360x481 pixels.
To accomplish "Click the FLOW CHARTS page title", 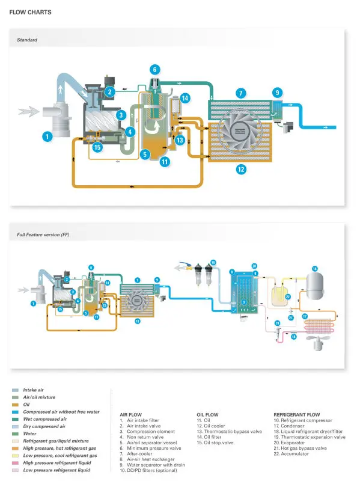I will pos(30,12).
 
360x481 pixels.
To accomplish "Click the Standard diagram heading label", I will pos(27,40).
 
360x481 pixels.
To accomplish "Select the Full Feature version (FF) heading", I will pos(43,235).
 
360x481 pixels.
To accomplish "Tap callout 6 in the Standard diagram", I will pos(155,70).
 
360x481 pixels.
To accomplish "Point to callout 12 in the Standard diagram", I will pos(241,170).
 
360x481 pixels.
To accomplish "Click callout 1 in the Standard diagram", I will pos(47,136).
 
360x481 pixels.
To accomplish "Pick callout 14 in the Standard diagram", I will pos(185,98).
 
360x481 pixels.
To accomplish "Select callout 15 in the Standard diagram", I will pos(98,146).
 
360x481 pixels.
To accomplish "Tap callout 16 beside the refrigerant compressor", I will pos(314,268).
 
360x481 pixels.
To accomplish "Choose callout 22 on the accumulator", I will pos(288,297).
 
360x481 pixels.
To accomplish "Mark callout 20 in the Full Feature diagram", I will pos(254,266).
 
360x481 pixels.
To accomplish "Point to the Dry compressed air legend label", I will pos(44,426).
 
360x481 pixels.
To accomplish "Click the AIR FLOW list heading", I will pos(132,415).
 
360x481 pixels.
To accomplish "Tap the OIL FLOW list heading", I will pos(208,415).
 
